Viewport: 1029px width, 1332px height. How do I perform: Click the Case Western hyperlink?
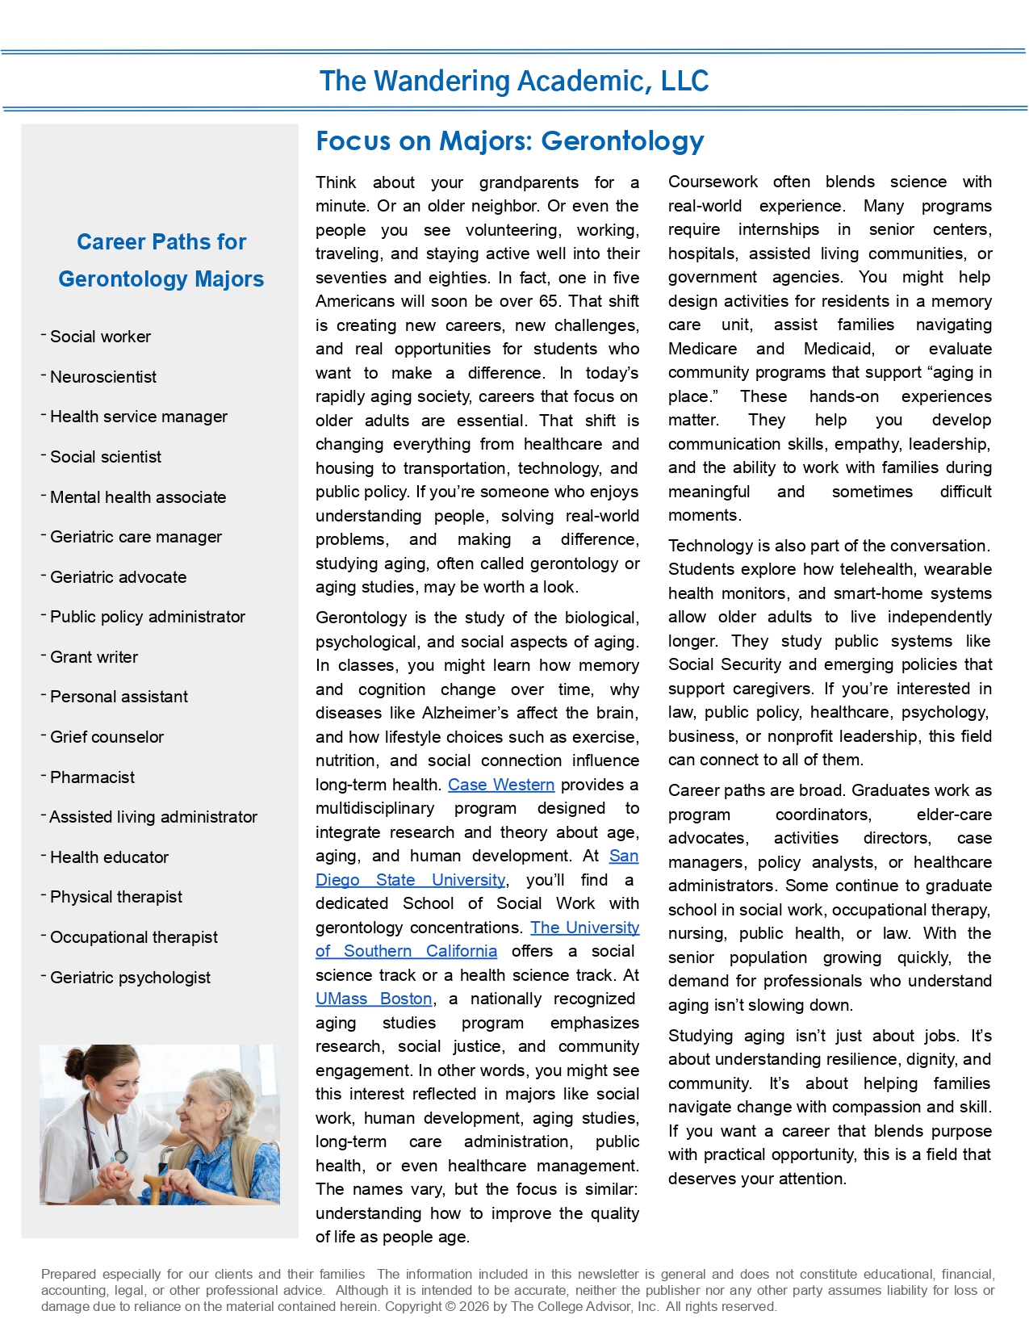click(500, 785)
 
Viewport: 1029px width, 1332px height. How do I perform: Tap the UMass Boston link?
click(374, 999)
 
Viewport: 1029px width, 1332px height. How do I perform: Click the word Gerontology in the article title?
click(622, 141)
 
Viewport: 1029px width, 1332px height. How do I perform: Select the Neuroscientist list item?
click(103, 377)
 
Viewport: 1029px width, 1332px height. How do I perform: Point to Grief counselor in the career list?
click(107, 737)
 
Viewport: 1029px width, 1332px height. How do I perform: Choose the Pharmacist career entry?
click(92, 777)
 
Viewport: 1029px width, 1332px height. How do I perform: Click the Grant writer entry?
click(94, 657)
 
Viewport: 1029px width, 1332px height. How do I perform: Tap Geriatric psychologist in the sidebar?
click(130, 978)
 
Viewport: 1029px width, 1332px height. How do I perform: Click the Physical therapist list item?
click(116, 897)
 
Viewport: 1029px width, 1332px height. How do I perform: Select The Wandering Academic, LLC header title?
click(514, 81)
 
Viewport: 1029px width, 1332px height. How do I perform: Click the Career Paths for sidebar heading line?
click(161, 242)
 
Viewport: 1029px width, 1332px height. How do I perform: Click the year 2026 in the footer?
click(472, 1306)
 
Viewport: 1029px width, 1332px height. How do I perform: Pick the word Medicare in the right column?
click(702, 349)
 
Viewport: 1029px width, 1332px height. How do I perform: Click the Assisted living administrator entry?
click(153, 817)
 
